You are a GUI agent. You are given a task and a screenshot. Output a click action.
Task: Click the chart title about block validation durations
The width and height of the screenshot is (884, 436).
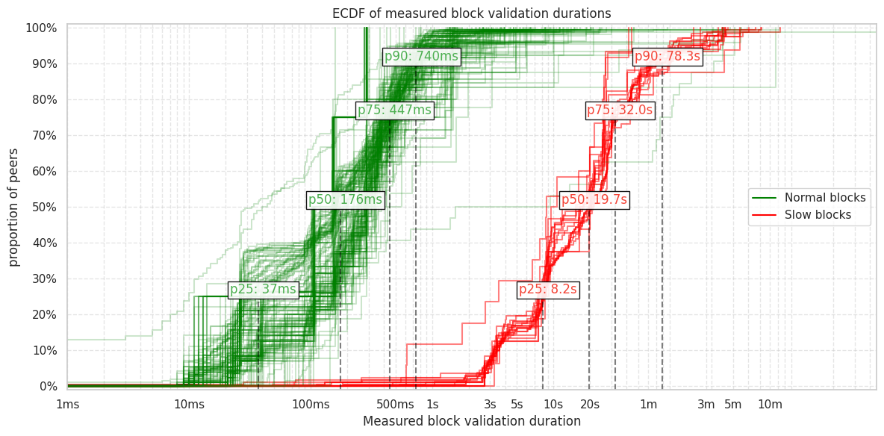471,13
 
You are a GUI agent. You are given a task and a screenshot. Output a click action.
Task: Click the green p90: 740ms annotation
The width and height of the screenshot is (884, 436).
421,57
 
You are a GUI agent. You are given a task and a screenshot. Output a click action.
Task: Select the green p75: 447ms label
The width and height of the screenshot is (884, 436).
394,110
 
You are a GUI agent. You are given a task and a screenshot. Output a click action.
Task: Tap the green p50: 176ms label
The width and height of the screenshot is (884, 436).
345,200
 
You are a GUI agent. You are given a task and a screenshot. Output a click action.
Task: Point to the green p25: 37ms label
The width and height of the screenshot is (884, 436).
263,290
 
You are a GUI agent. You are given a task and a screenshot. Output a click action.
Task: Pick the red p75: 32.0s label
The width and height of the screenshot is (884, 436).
620,110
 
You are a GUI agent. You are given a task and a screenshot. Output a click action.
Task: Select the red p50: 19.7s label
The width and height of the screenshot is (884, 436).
594,200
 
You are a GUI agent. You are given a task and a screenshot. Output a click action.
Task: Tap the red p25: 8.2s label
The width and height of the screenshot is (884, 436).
548,290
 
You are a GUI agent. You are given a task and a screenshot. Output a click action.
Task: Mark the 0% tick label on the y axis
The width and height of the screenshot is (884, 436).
47,386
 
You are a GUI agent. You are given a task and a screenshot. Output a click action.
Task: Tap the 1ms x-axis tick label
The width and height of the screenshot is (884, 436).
67,405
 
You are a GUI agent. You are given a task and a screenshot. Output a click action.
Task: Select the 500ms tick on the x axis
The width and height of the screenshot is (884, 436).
395,405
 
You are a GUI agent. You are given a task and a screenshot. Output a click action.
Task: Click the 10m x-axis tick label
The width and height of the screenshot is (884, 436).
770,405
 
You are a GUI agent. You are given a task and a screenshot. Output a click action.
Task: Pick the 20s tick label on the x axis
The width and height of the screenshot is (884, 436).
589,405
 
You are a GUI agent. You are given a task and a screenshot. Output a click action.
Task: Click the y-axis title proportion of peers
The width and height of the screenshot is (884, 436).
14,207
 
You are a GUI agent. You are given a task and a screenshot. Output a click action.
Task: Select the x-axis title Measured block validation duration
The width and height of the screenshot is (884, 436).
471,422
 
